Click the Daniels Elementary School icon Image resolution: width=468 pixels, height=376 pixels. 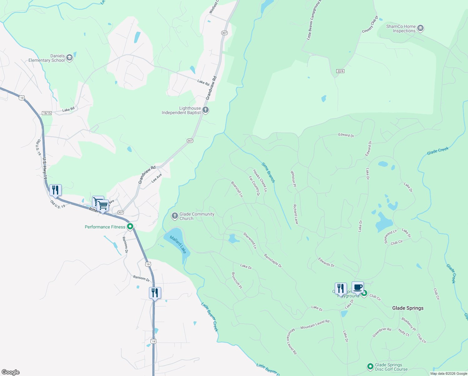pyautogui.click(x=69, y=58)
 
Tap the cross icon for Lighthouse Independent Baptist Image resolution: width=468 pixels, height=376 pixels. pyautogui.click(x=206, y=110)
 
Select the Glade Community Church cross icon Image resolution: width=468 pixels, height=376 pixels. pyautogui.click(x=175, y=216)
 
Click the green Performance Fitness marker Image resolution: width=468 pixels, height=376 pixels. pyautogui.click(x=130, y=227)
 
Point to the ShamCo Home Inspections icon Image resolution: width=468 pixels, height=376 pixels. pyautogui.click(x=420, y=29)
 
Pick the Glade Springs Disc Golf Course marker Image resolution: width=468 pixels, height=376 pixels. pyautogui.click(x=370, y=366)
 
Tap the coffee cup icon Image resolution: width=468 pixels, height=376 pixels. pyautogui.click(x=358, y=287)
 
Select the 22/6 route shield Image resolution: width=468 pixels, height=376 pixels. pyautogui.click(x=340, y=71)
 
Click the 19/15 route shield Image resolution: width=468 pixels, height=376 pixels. pyautogui.click(x=47, y=113)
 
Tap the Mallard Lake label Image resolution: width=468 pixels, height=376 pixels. pyautogui.click(x=178, y=244)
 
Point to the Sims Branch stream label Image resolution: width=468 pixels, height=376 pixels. pyautogui.click(x=268, y=172)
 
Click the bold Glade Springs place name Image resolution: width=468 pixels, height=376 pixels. pyautogui.click(x=408, y=308)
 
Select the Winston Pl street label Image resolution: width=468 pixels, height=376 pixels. pyautogui.click(x=293, y=179)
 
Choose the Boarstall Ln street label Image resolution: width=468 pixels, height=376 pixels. pyautogui.click(x=237, y=189)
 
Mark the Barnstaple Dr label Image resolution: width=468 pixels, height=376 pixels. pyautogui.click(x=273, y=261)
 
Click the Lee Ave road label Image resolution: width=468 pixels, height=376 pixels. pyautogui.click(x=156, y=178)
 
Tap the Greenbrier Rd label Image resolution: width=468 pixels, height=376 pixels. pyautogui.click(x=382, y=332)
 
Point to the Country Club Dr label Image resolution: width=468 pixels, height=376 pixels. pyautogui.click(x=370, y=24)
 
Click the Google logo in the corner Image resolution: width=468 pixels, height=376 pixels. pyautogui.click(x=11, y=372)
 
